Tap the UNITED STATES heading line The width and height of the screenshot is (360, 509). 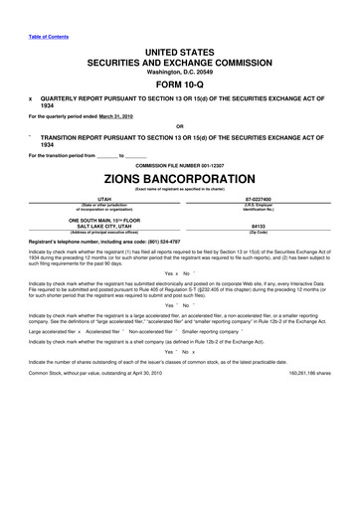pos(179,51)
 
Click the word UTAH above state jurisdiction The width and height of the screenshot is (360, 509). pos(90,198)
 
